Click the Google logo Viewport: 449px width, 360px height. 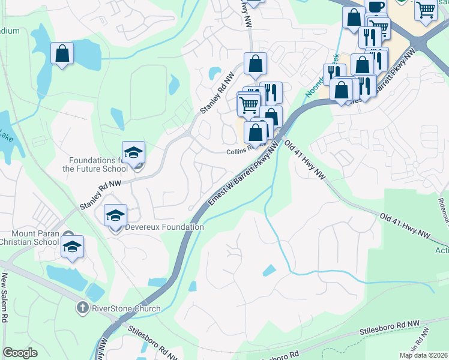(20, 353)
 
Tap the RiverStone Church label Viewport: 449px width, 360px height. (125, 308)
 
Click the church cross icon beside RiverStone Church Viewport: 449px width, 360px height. (83, 308)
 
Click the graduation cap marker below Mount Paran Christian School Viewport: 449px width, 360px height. (71, 247)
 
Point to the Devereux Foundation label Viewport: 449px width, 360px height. (164, 227)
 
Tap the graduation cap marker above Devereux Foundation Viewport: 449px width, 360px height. (116, 215)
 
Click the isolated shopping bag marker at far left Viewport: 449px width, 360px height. (62, 54)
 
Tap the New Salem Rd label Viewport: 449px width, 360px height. (4, 298)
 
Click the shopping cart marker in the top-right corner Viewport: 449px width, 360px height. (426, 10)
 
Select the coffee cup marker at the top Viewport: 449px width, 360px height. (375, 7)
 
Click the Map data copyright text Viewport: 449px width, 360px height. (423, 355)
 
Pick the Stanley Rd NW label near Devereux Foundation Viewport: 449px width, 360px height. (101, 195)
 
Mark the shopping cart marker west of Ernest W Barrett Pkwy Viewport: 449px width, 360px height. (248, 106)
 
